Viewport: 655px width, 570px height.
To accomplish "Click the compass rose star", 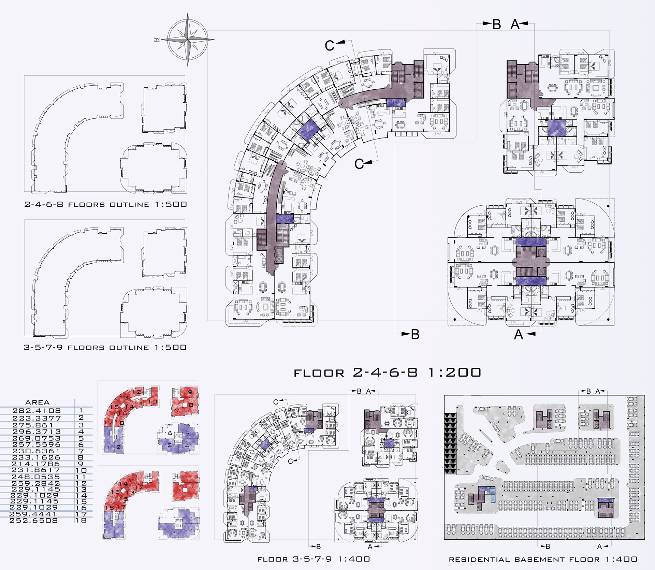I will pos(188,39).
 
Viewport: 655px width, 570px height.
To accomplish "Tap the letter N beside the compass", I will pos(157,40).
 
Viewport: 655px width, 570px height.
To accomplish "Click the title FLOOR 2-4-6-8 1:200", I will pos(387,372).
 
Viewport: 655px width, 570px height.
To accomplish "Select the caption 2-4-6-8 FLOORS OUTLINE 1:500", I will pos(105,204).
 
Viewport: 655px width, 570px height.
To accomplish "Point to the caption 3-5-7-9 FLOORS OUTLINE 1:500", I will pos(105,347).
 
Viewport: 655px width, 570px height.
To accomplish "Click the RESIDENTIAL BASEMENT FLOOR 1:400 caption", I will pos(543,559).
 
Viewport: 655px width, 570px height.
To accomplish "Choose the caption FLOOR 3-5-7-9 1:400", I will pos(314,559).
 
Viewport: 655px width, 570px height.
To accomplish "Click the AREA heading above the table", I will pos(38,402).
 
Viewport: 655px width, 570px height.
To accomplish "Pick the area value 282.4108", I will pos(37,411).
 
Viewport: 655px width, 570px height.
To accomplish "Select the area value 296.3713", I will pos(37,432).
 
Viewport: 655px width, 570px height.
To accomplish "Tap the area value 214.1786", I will pos(36,464).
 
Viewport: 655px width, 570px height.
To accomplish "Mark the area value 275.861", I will pos(33,425).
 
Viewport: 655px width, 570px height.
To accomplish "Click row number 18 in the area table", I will pos(81,520).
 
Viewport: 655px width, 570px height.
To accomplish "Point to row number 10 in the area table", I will pos(81,470).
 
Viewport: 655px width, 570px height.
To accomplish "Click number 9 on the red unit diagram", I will pos(190,392).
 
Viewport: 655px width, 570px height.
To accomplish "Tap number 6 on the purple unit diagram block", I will pos(170,433).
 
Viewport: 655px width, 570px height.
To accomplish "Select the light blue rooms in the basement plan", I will pos(492,494).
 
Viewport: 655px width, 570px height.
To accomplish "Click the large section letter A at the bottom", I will pos(519,335).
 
